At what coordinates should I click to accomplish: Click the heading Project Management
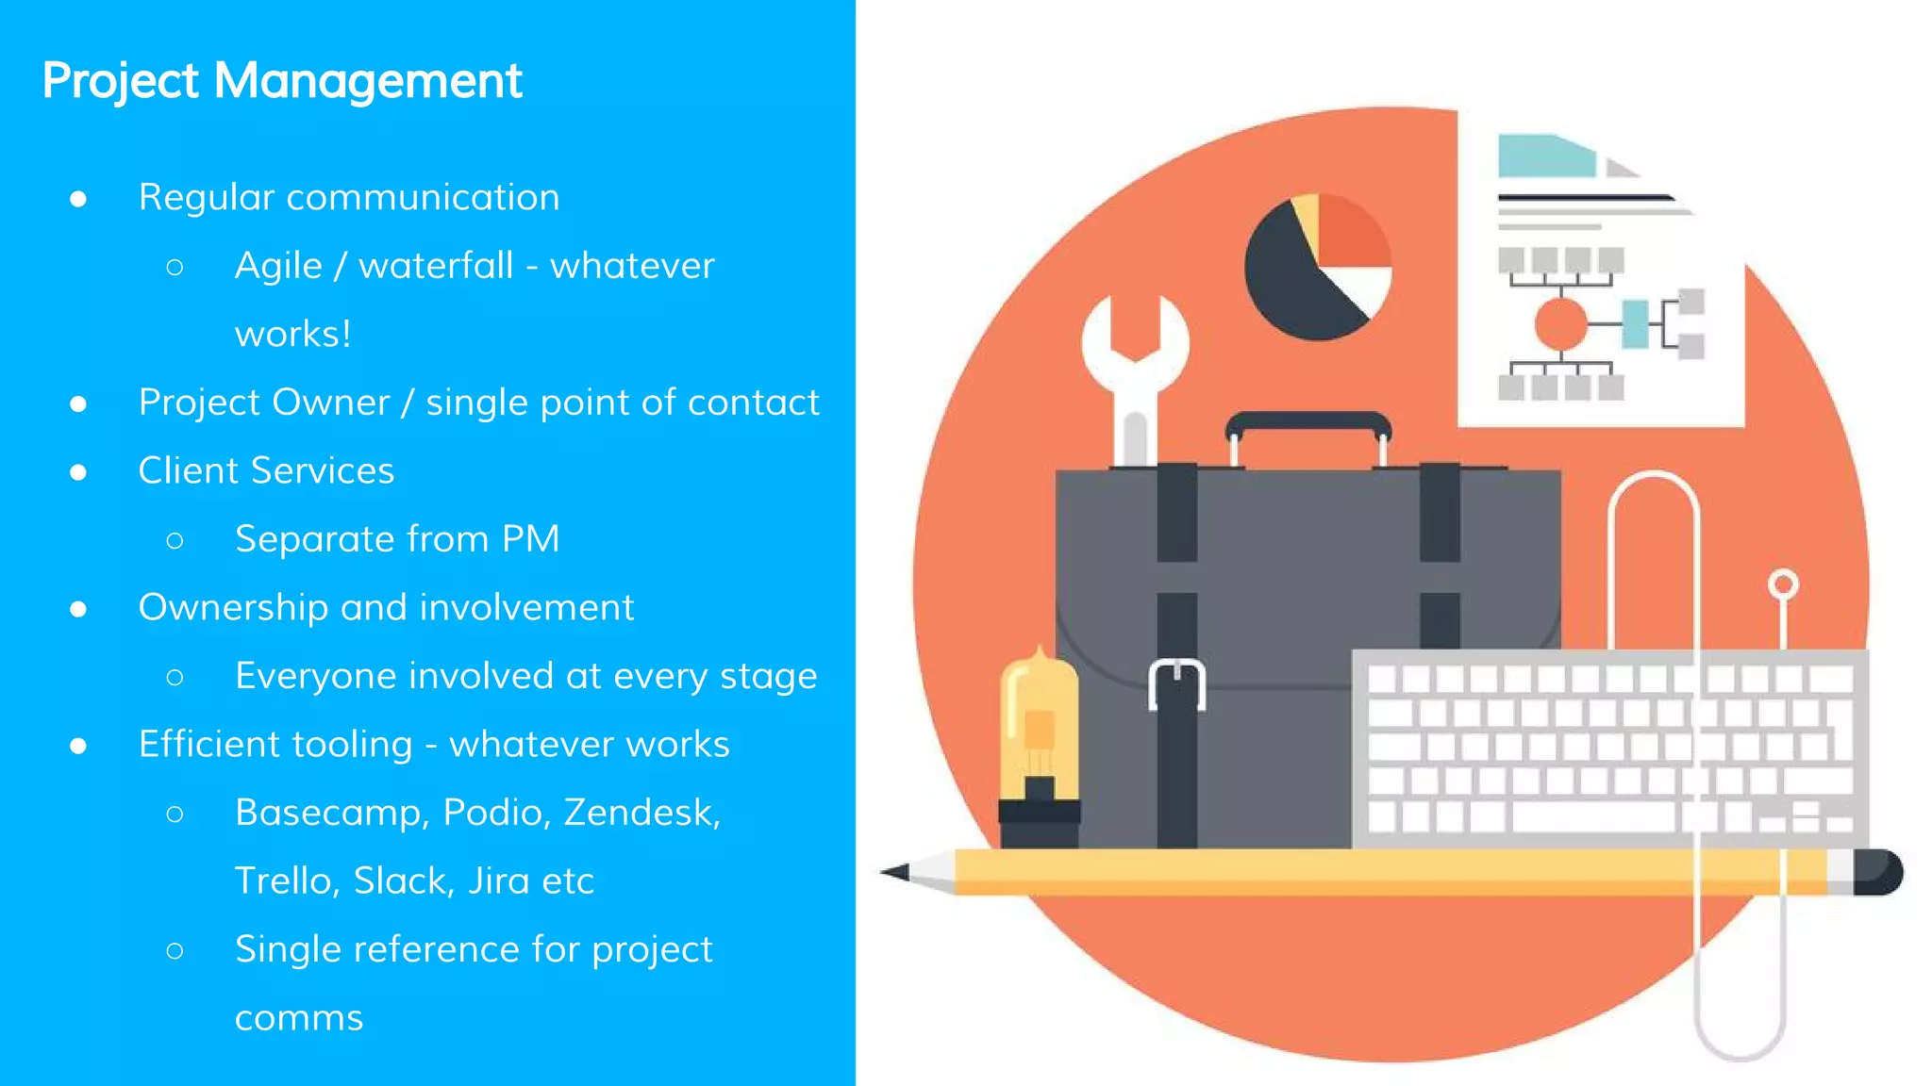[281, 81]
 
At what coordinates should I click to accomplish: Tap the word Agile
[278, 267]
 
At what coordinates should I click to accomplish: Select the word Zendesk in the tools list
[641, 813]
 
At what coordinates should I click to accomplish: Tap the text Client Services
[266, 470]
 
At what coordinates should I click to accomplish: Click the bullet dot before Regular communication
[78, 199]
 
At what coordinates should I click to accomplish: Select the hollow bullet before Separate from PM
[175, 540]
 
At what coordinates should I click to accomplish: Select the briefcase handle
[1307, 424]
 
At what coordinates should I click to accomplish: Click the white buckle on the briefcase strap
[1176, 683]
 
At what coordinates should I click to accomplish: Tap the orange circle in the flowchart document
[1561, 323]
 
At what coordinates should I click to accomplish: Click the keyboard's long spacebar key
[1593, 816]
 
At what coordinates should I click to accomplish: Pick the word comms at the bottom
[298, 1019]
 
